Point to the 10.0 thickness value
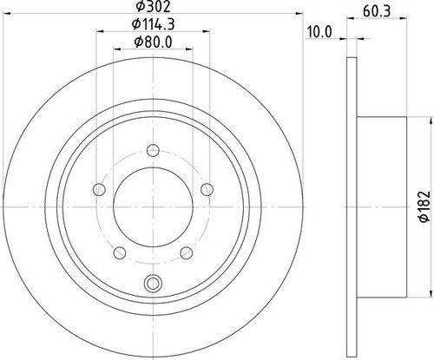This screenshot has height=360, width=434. pyautogui.click(x=321, y=32)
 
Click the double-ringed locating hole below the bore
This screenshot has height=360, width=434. pyautogui.click(x=154, y=282)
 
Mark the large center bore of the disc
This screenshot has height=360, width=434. pyautogui.click(x=153, y=204)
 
